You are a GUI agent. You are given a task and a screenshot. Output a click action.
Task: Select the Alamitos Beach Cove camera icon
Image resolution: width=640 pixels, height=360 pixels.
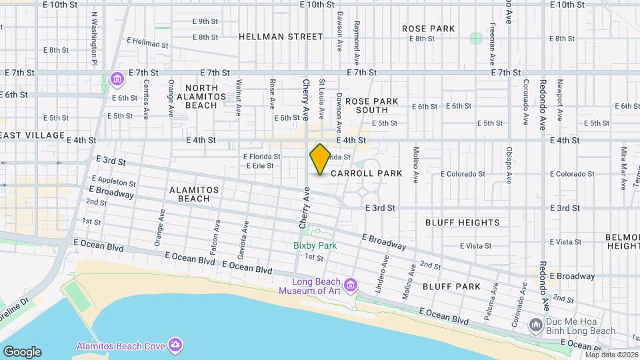click(175, 344)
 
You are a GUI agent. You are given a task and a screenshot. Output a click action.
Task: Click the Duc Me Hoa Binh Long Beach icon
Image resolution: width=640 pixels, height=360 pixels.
click(535, 325)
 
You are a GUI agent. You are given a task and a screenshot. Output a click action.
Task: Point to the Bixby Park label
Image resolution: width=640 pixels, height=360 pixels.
click(315, 245)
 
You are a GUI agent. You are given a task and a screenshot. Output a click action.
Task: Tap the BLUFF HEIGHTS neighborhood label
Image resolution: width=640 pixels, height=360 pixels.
click(461, 223)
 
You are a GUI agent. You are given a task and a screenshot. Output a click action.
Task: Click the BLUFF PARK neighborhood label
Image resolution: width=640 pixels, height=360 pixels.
click(451, 287)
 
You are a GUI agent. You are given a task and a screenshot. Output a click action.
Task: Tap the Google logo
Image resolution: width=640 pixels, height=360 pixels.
click(22, 352)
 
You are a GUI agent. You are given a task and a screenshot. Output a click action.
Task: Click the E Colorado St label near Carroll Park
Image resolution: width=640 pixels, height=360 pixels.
click(463, 174)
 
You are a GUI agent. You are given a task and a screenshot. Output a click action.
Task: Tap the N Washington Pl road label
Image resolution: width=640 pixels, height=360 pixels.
click(95, 37)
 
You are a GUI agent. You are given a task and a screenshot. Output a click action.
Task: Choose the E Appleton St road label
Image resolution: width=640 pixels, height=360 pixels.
click(114, 181)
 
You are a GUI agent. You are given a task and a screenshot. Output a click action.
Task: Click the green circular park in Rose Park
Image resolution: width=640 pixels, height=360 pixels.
click(475, 38)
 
